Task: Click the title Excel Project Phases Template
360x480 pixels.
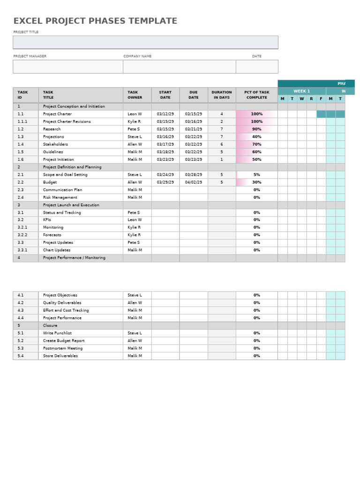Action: (95, 21)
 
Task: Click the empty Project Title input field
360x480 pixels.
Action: (145, 42)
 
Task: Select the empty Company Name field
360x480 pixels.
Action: (179, 67)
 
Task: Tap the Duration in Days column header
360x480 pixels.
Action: (222, 95)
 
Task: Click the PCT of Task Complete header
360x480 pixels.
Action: (257, 95)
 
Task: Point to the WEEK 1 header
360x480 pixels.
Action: (301, 91)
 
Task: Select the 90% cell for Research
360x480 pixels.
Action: (257, 129)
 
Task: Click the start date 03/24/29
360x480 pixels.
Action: (165, 174)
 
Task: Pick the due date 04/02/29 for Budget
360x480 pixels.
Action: (194, 182)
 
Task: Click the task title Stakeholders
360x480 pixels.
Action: (55, 144)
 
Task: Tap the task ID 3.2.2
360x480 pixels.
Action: (22, 235)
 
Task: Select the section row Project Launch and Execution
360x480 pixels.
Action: (71, 205)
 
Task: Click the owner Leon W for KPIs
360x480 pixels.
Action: (135, 220)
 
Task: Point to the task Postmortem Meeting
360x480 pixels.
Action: (63, 348)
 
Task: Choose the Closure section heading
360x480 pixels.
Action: (50, 325)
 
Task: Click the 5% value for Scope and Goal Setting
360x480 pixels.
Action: (257, 174)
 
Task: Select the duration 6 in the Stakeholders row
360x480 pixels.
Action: (222, 144)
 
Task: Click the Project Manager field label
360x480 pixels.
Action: (30, 56)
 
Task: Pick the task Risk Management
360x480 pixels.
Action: (60, 197)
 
